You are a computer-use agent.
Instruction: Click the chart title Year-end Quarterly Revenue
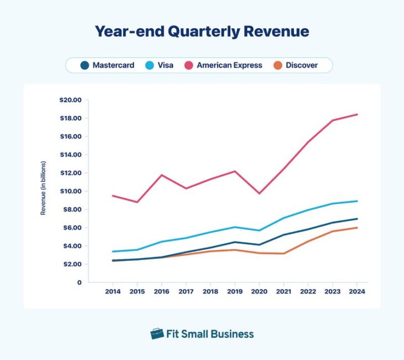click(201, 31)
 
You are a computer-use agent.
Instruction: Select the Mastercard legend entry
click(107, 65)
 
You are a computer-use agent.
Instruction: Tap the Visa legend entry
click(159, 65)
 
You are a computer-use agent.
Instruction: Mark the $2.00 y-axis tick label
click(70, 264)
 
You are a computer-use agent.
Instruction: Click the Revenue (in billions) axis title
click(43, 188)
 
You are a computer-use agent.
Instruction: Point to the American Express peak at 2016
click(162, 175)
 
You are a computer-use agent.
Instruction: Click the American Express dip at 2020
click(260, 193)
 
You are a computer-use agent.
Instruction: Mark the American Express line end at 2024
click(357, 114)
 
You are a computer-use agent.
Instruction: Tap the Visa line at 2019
click(235, 227)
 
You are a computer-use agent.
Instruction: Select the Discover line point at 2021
click(284, 254)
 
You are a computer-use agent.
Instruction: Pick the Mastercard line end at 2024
click(357, 219)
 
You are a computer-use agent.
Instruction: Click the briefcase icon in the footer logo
click(157, 333)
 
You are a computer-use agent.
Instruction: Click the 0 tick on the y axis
click(79, 282)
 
